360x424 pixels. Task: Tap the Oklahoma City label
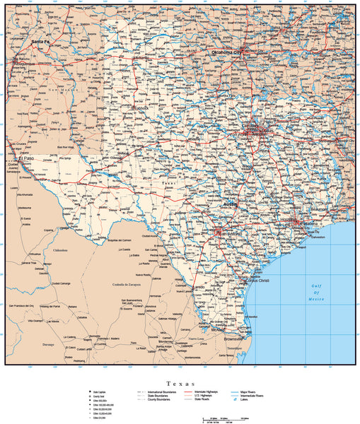226,53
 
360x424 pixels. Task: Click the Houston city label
289,220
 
